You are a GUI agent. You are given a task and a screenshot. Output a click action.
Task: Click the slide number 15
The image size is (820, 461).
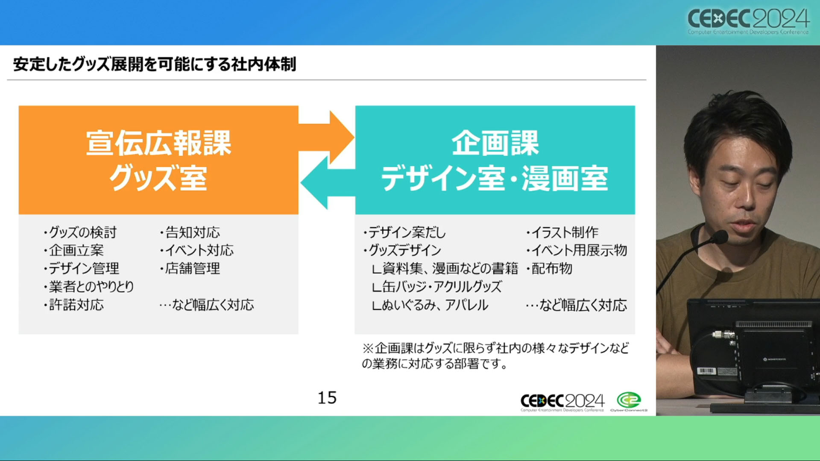(327, 398)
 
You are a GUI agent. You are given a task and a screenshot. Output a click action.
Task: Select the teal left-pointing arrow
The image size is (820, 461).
(328, 183)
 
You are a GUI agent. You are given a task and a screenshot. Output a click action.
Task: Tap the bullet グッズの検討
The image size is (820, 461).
(80, 232)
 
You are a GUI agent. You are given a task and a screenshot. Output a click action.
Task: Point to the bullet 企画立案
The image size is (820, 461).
(74, 250)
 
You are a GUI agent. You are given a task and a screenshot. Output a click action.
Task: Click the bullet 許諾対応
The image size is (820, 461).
(74, 305)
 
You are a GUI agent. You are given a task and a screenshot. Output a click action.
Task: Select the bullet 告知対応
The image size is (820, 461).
(190, 232)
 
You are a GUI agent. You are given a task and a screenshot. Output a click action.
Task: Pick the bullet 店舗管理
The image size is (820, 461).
(190, 268)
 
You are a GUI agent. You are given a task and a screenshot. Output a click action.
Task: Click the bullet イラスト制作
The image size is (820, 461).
(562, 232)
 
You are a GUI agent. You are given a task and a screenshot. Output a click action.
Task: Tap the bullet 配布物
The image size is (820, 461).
(549, 268)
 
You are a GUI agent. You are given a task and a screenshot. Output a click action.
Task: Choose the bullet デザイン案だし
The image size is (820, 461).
(404, 232)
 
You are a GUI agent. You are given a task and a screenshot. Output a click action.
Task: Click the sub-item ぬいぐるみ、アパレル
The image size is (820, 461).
(430, 305)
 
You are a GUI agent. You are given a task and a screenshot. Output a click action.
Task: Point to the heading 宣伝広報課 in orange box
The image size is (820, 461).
(158, 143)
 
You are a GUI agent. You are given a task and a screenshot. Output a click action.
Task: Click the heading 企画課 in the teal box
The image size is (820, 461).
(495, 143)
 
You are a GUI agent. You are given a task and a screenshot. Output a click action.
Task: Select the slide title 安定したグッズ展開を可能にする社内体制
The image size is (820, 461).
(155, 64)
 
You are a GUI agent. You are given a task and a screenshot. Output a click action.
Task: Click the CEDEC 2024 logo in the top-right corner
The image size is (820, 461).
(748, 21)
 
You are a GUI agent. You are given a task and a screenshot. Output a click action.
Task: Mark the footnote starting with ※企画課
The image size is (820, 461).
(495, 356)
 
